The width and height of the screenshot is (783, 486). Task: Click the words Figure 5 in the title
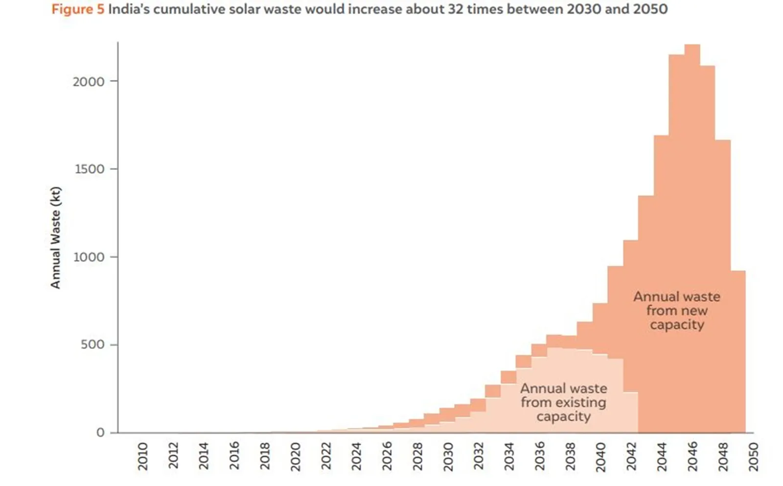pyautogui.click(x=77, y=9)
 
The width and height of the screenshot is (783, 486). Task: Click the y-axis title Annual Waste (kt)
pyautogui.click(x=56, y=238)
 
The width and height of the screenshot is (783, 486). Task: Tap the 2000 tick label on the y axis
pyautogui.click(x=89, y=82)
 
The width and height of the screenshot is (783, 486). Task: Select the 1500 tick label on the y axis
pyautogui.click(x=89, y=169)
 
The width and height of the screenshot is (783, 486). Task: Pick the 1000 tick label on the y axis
pyautogui.click(x=89, y=257)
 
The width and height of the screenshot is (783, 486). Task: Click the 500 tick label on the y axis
pyautogui.click(x=92, y=345)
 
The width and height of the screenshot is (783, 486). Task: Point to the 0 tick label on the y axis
pyautogui.click(x=100, y=433)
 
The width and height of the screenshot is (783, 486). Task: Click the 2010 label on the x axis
pyautogui.click(x=142, y=456)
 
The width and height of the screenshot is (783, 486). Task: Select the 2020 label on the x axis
pyautogui.click(x=295, y=456)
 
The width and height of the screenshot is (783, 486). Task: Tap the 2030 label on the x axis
pyautogui.click(x=448, y=456)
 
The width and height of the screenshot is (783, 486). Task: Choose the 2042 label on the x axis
pyautogui.click(x=631, y=456)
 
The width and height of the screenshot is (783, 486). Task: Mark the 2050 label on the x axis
pyautogui.click(x=753, y=456)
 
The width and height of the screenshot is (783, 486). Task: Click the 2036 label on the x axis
pyautogui.click(x=539, y=456)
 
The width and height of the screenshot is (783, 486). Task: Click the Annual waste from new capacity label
pyautogui.click(x=677, y=310)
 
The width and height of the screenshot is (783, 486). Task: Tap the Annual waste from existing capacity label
pyautogui.click(x=563, y=402)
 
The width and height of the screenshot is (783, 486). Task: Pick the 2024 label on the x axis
pyautogui.click(x=356, y=456)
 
